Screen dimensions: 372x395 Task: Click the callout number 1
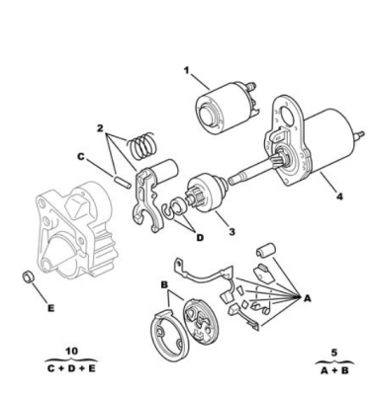pyautogui.click(x=187, y=70)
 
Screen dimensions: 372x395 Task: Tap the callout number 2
pyautogui.click(x=100, y=128)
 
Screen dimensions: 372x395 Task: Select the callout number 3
pyautogui.click(x=232, y=231)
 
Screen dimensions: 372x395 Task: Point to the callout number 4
pyautogui.click(x=339, y=197)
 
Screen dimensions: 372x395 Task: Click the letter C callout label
pyautogui.click(x=81, y=157)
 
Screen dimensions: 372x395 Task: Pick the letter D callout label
pyautogui.click(x=200, y=237)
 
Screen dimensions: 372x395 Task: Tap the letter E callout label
pyautogui.click(x=50, y=308)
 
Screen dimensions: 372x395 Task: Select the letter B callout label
pyautogui.click(x=164, y=284)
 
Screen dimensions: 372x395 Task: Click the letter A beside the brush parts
pyautogui.click(x=307, y=298)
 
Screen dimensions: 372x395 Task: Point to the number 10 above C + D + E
pyautogui.click(x=72, y=351)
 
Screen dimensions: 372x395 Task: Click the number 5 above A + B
pyautogui.click(x=334, y=353)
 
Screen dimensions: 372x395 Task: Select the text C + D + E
pyautogui.click(x=71, y=368)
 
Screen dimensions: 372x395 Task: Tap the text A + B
pyautogui.click(x=334, y=370)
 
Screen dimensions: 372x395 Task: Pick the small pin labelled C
pyautogui.click(x=121, y=182)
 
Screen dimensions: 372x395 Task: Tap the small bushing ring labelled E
pyautogui.click(x=29, y=276)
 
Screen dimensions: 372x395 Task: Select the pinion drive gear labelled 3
pyautogui.click(x=207, y=194)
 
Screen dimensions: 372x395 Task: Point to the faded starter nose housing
pyautogui.click(x=75, y=230)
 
